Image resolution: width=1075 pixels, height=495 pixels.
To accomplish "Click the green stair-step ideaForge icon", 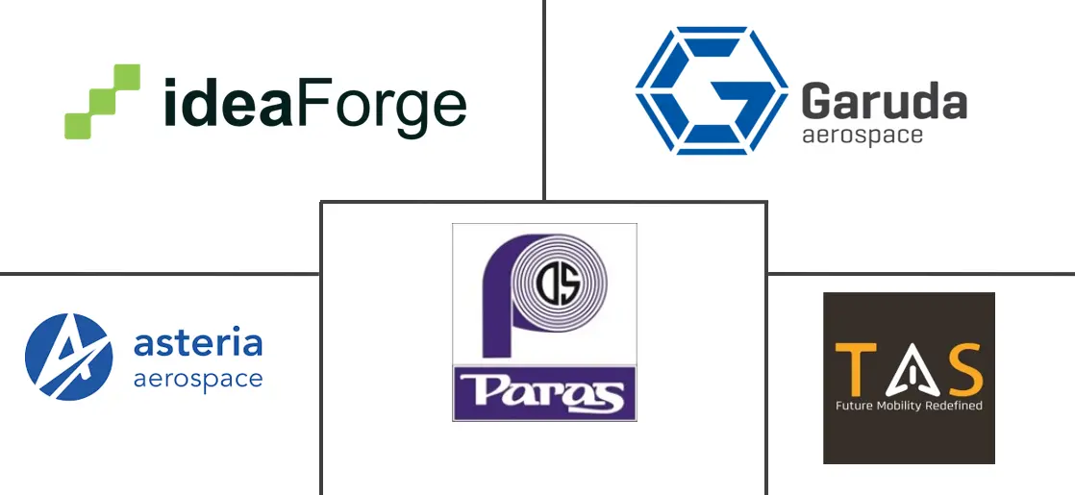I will click(x=102, y=102).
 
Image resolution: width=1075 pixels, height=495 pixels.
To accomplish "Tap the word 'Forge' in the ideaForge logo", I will click(x=380, y=104).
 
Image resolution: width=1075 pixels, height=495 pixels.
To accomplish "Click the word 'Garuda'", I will click(x=884, y=100).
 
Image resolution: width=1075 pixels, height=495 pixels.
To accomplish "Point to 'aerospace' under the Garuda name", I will click(x=862, y=135).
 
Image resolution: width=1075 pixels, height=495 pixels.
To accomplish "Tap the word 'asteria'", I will click(x=198, y=343).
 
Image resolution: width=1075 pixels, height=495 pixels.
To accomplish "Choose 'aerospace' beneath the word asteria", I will click(x=197, y=379).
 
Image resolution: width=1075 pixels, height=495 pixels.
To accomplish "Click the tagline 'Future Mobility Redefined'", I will click(x=909, y=407).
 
